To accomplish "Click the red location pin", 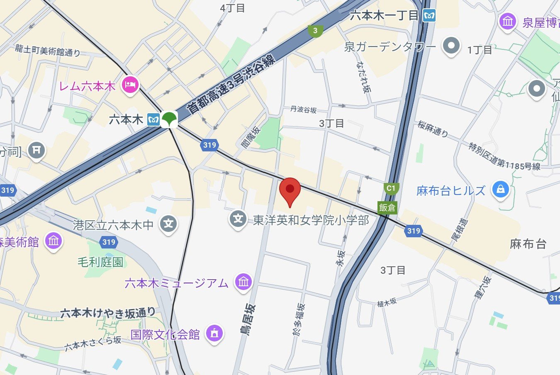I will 290,189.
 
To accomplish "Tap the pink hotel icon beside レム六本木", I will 130,85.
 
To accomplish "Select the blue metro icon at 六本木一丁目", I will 429,16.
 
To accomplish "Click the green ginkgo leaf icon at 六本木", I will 169,119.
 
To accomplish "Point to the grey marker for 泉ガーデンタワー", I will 451,45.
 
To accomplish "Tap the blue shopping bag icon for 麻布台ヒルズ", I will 500,190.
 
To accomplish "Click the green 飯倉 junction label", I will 387,207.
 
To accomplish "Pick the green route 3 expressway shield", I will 316,31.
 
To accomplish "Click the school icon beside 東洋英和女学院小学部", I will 238,219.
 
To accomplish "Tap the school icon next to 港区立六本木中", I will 168,224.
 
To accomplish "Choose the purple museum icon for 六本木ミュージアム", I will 243,282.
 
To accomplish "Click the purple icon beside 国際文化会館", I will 214,333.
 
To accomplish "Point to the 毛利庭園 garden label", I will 100,262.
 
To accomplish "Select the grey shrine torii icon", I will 37,150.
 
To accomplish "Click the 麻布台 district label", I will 528,244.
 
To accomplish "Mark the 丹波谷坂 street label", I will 303,110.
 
